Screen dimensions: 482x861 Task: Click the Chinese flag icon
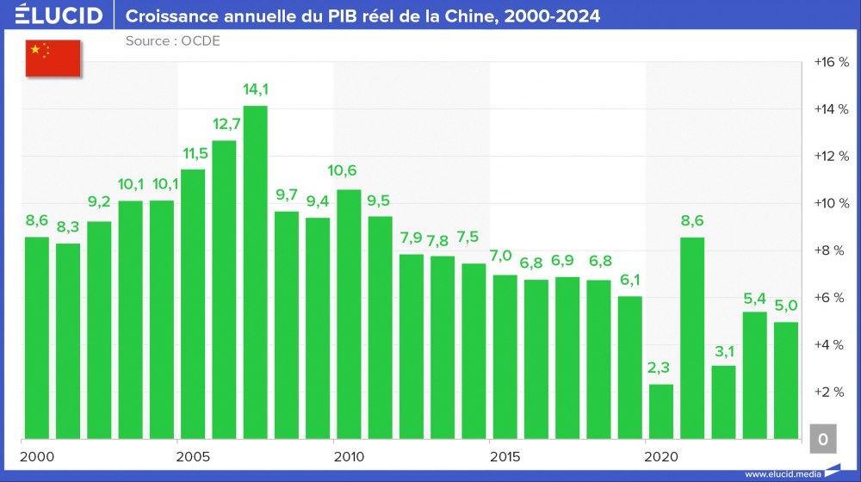(53, 58)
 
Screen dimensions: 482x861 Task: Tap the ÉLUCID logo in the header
(59, 15)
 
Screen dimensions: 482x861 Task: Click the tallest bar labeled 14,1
(255, 271)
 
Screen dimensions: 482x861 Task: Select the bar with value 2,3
(660, 411)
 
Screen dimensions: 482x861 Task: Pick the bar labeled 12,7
(224, 288)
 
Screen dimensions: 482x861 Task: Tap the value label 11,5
(193, 153)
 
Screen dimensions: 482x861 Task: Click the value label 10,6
(349, 171)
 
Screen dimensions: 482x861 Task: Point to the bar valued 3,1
(723, 401)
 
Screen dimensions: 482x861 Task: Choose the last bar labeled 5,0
(785, 380)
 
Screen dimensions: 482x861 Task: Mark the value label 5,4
(754, 298)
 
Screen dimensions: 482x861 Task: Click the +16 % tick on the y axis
(831, 62)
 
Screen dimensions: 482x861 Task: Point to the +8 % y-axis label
(831, 250)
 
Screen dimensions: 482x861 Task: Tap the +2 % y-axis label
(831, 392)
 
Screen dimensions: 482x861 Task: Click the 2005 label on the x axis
(193, 455)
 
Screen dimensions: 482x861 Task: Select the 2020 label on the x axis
(661, 455)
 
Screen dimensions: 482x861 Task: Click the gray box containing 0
(822, 439)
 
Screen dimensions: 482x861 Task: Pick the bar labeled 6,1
(630, 367)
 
